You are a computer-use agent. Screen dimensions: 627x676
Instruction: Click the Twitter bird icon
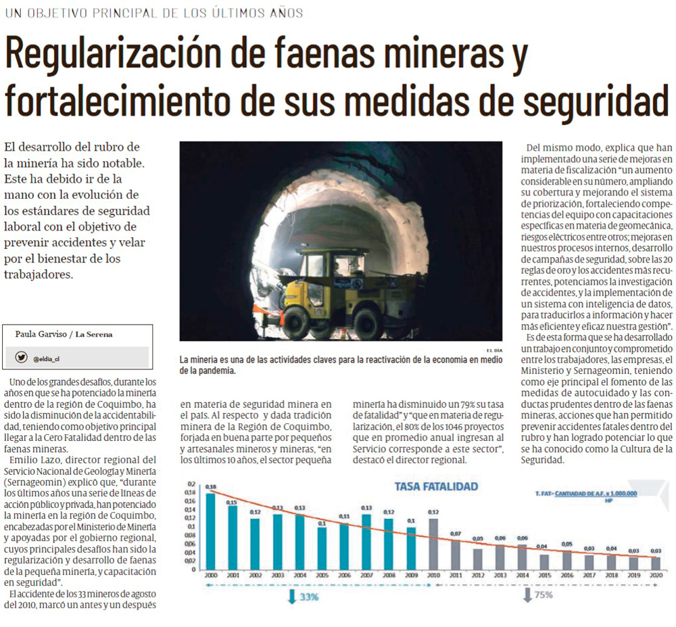tap(22, 357)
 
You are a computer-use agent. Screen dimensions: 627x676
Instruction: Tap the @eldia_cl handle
tap(47, 358)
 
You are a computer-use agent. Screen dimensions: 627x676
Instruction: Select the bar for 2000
tap(211, 531)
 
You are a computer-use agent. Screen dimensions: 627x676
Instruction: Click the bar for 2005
tap(322, 547)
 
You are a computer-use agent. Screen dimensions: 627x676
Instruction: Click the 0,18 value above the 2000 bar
tap(211, 487)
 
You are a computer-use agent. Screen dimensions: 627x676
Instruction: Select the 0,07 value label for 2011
tap(456, 534)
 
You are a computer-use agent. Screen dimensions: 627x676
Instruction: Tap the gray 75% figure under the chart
tap(542, 595)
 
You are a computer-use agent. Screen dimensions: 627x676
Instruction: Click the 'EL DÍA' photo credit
tap(494, 349)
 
